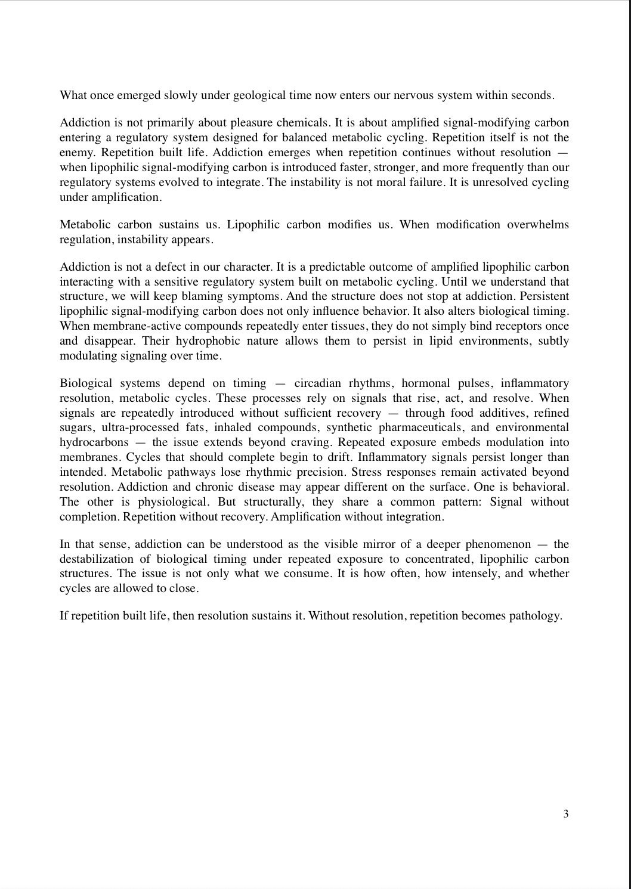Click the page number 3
[565, 814]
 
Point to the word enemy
[76, 152]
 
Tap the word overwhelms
[538, 225]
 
